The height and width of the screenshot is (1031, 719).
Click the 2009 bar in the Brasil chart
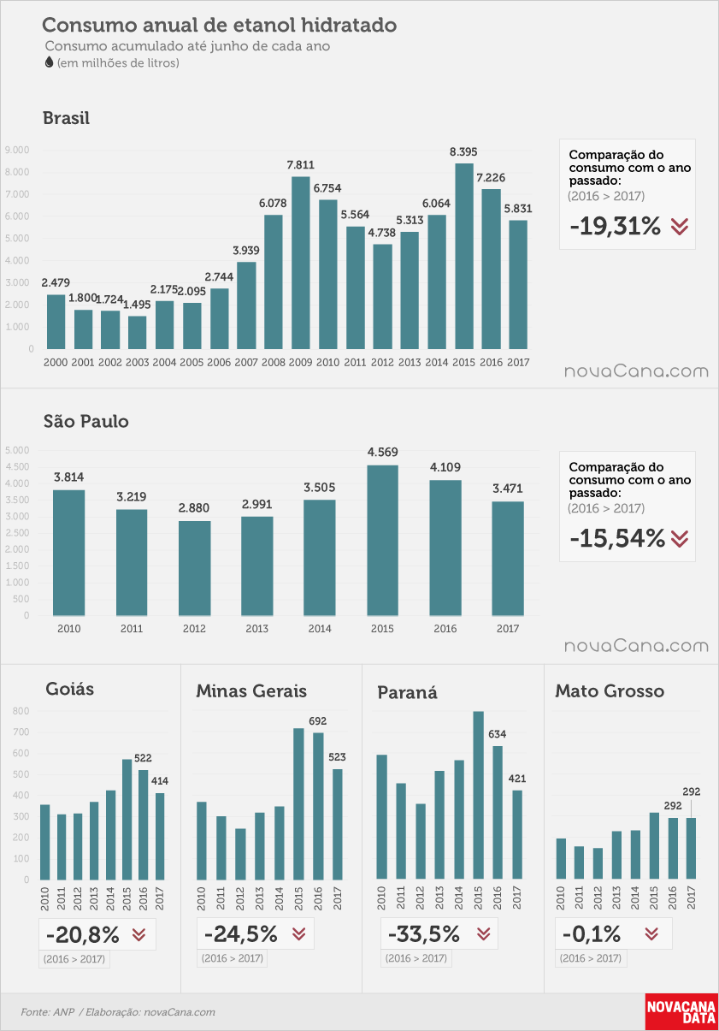click(x=300, y=263)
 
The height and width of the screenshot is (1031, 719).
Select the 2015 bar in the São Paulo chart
click(x=382, y=541)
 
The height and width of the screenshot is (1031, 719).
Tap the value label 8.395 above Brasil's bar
click(x=463, y=152)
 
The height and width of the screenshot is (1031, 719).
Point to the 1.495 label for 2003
click(x=137, y=305)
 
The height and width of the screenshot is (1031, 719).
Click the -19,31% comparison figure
click(x=615, y=226)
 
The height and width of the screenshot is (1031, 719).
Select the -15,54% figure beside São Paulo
click(x=617, y=538)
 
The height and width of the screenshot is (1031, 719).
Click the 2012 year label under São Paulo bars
click(x=194, y=628)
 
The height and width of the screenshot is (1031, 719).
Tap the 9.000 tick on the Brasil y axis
click(x=17, y=150)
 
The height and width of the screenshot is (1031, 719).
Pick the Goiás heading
click(x=69, y=689)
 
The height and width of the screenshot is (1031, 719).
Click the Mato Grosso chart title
click(x=610, y=690)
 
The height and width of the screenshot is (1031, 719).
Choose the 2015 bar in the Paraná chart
click(x=478, y=796)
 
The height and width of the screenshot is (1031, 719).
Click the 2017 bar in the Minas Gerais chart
click(x=337, y=824)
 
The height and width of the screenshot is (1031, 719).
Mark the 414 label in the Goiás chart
click(x=160, y=780)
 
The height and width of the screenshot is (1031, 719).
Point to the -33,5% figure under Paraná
click(x=424, y=933)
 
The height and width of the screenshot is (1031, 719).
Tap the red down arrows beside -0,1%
click(x=651, y=933)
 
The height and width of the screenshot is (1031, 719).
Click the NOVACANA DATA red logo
click(x=681, y=1011)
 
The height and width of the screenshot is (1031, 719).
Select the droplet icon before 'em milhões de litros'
click(x=50, y=62)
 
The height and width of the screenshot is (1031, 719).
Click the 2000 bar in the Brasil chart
click(x=56, y=322)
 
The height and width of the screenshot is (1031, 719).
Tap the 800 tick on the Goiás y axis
click(x=21, y=711)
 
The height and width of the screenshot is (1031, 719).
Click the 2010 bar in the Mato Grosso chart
click(x=561, y=859)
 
